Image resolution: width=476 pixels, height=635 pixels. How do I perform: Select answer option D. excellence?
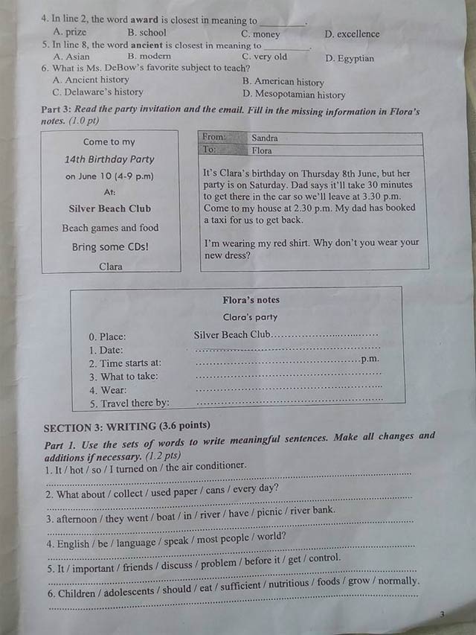click(352, 33)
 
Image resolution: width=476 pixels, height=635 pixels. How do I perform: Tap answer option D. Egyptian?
click(350, 58)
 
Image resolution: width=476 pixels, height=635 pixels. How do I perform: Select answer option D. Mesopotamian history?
click(294, 95)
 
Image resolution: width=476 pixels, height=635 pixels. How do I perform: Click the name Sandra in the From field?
click(265, 138)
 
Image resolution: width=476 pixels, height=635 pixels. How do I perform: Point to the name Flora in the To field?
click(262, 150)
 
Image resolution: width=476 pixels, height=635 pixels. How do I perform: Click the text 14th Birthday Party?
click(109, 159)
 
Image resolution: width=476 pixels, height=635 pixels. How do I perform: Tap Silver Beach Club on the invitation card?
click(109, 208)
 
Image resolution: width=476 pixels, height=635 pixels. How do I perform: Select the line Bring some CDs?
click(110, 247)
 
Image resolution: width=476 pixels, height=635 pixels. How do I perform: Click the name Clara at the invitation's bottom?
click(111, 267)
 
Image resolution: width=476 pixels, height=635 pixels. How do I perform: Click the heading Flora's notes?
click(251, 300)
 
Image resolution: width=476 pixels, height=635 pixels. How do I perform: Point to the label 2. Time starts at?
click(125, 363)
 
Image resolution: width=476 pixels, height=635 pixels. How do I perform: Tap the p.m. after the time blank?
click(370, 359)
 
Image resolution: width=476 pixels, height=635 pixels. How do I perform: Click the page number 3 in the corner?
click(442, 614)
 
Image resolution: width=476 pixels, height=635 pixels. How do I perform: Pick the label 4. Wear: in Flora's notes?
click(108, 390)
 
